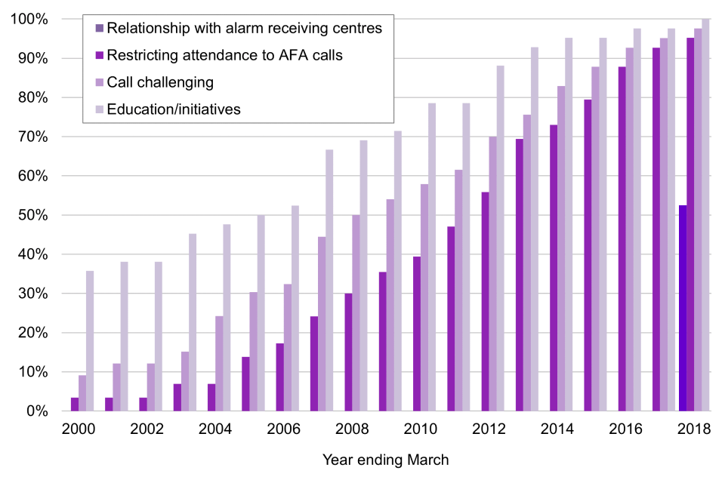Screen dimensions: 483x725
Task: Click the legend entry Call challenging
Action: click(160, 82)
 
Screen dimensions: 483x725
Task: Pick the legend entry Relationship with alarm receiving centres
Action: click(244, 29)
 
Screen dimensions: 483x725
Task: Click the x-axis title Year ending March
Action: click(386, 459)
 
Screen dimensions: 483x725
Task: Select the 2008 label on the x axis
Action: click(352, 430)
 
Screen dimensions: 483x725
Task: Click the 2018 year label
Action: click(694, 430)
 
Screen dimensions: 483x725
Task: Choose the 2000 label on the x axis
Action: click(79, 430)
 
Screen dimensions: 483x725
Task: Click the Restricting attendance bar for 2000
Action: click(75, 405)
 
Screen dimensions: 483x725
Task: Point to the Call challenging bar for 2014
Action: click(561, 248)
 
